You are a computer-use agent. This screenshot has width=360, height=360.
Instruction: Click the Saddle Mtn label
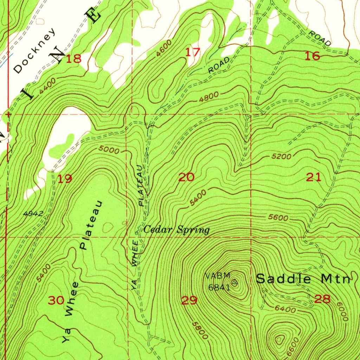tap(303, 279)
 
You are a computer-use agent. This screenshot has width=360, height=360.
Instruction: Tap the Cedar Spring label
tap(177, 230)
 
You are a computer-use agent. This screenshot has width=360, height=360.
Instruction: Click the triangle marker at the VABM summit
tap(235, 282)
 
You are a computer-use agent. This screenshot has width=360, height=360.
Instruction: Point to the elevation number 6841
tap(219, 287)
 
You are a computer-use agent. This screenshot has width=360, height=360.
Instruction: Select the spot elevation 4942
tap(33, 213)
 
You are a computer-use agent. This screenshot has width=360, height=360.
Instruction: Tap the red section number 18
tap(74, 59)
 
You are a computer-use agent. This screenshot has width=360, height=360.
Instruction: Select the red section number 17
tap(193, 53)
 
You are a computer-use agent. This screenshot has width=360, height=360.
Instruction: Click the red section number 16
tap(313, 56)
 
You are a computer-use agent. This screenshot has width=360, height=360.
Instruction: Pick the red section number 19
tap(65, 179)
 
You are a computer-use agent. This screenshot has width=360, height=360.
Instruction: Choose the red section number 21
tap(314, 178)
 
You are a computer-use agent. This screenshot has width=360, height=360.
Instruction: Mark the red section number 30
tap(56, 300)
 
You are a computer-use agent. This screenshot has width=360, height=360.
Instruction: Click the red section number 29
tap(189, 300)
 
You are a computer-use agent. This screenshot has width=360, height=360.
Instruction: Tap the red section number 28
tap(322, 299)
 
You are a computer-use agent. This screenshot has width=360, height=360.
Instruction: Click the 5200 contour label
tap(282, 156)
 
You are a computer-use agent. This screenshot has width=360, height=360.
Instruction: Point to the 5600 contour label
tap(278, 218)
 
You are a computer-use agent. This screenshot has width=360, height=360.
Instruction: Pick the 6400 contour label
tap(285, 309)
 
